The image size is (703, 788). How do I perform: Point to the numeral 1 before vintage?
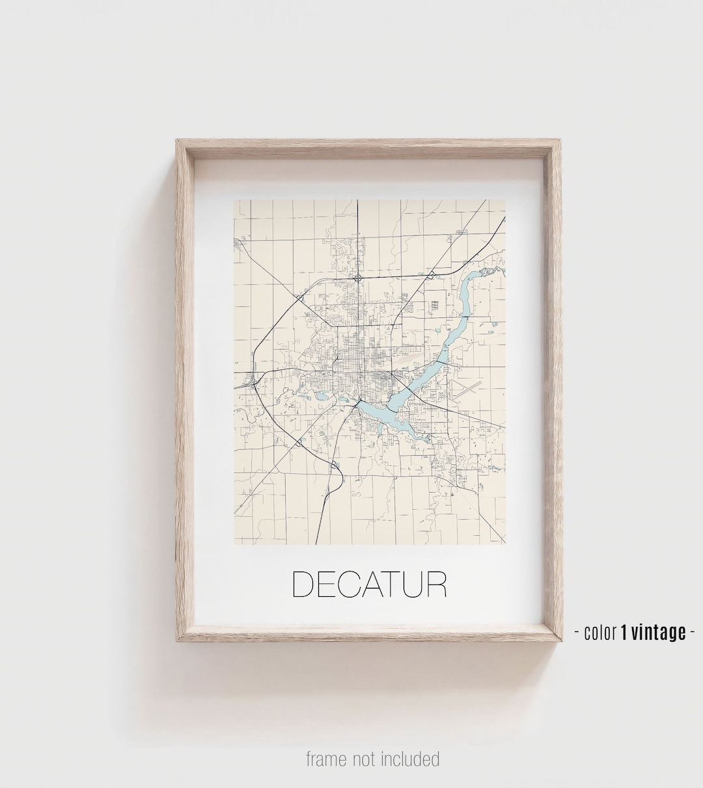tap(625, 631)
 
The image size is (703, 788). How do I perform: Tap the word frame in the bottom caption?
tap(327, 759)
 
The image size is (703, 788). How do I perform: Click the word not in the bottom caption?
tap(366, 759)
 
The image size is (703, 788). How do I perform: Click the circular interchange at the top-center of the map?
tap(359, 278)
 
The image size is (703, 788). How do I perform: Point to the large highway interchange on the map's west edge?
tap(251, 383)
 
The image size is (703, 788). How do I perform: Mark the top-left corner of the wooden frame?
tap(177, 140)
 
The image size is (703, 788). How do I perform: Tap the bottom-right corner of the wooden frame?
tap(560, 641)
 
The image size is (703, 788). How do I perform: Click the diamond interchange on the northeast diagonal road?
tap(431, 277)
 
